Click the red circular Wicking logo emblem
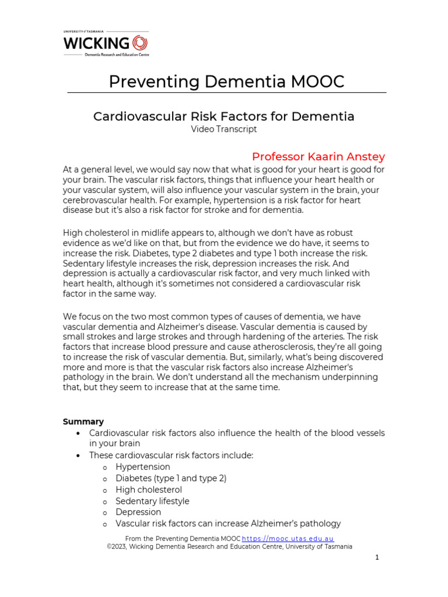(140, 43)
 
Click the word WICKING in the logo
(96, 43)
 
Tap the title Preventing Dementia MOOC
(226, 82)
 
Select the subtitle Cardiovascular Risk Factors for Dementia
(224, 116)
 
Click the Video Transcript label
(224, 129)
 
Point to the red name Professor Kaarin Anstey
(318, 157)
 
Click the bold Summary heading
(83, 422)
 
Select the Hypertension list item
(143, 467)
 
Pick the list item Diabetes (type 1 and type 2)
(171, 478)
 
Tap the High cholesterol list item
(149, 490)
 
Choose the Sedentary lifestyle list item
(152, 501)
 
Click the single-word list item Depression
(138, 512)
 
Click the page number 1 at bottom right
(377, 558)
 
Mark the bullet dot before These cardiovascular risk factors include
(78, 456)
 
